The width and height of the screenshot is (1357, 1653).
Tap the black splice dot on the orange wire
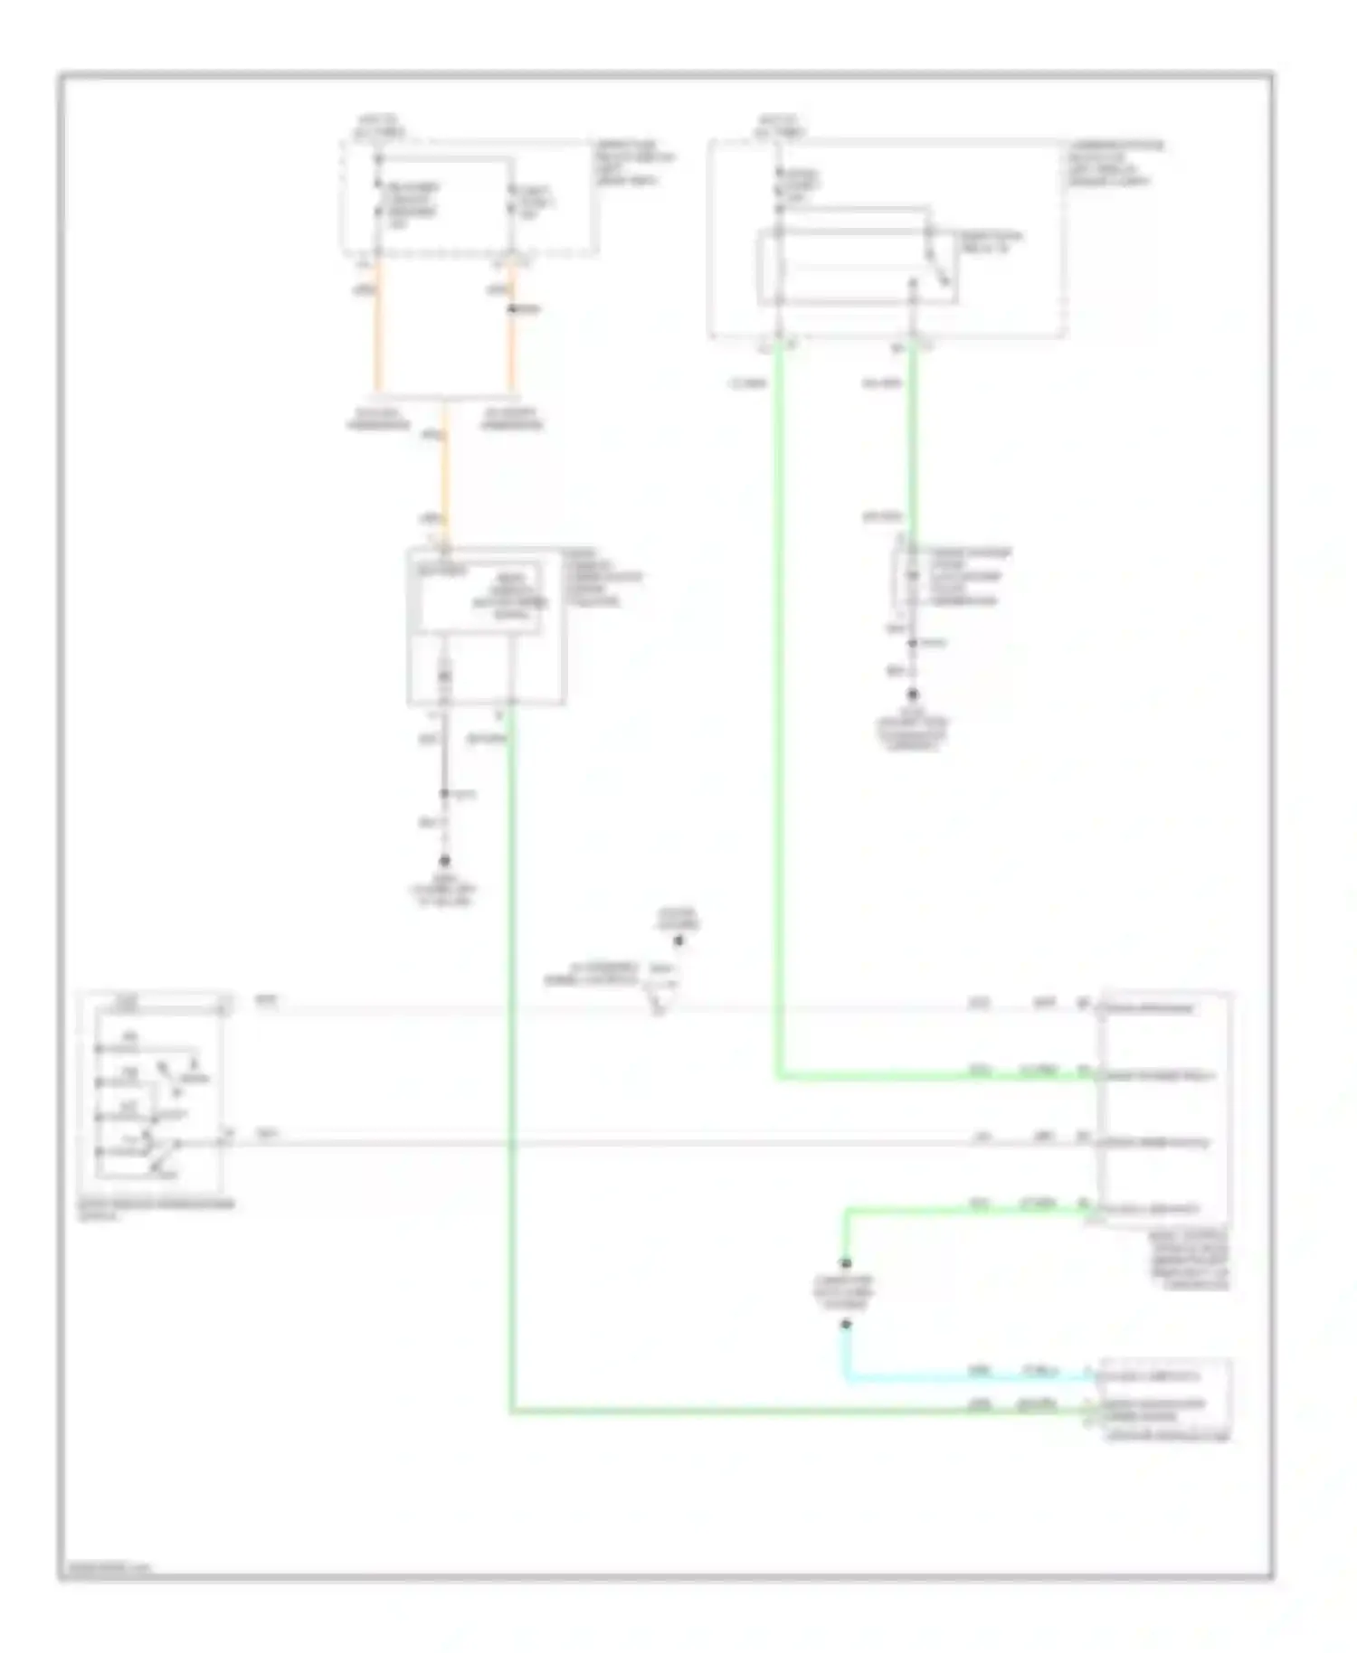tap(511, 309)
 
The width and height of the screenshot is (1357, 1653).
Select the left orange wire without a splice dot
tap(378, 326)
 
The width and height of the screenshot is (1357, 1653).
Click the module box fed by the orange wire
tap(486, 625)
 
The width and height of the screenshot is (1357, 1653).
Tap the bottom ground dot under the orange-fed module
tap(444, 861)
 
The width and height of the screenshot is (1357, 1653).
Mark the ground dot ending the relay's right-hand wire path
tap(913, 694)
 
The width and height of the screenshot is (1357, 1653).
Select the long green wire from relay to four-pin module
tap(778, 723)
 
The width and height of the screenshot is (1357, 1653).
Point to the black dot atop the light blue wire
tap(846, 1325)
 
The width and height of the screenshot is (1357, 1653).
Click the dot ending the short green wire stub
tap(846, 1262)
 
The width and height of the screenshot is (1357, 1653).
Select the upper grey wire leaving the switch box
tap(588, 1008)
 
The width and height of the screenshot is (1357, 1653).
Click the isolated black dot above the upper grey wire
tap(678, 942)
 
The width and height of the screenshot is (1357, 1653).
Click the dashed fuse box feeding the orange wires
tap(469, 197)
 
